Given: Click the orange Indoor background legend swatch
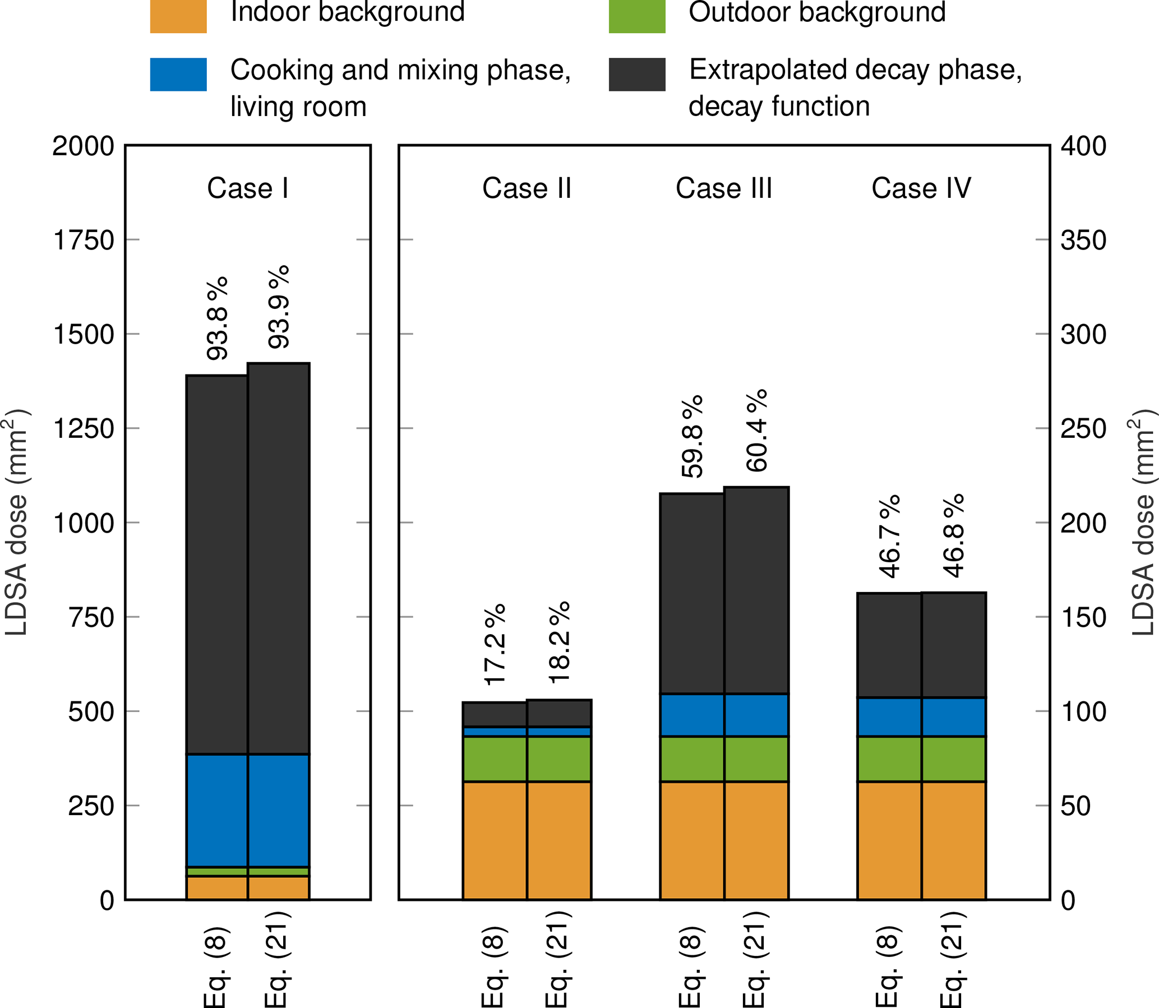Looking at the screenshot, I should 178,16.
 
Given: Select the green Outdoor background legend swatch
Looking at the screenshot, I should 637,16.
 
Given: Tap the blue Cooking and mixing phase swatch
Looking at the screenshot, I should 178,74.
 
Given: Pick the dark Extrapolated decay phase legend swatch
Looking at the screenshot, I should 637,74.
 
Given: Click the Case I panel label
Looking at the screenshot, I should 247,188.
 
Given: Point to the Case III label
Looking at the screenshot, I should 723,188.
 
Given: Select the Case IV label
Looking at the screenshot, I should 921,188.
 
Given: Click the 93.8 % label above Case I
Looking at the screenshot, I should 217,318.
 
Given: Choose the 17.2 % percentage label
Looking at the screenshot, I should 495,645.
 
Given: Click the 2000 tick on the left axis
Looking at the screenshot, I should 84,146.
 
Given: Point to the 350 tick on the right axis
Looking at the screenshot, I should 1083,240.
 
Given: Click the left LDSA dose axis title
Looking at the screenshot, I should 17,523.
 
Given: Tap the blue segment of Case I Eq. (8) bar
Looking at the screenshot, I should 217,810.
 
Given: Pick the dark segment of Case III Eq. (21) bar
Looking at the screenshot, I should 756,591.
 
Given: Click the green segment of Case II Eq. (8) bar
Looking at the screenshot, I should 495,759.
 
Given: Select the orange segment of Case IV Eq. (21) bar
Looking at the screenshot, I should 954,840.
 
